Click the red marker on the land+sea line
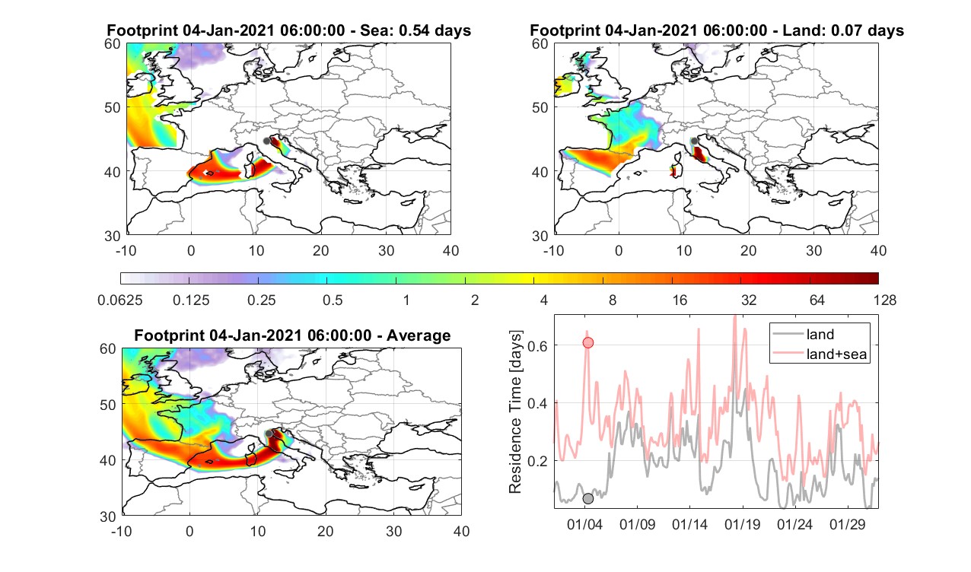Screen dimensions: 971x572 point(587,343)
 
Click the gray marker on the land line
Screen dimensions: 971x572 point(587,499)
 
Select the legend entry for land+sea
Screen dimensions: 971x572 point(820,354)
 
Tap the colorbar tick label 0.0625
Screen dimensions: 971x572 point(120,300)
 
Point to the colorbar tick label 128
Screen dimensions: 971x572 point(885,300)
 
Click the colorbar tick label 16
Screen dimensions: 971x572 point(680,300)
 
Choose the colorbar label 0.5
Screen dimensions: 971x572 point(333,300)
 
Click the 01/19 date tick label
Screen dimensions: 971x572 point(742,525)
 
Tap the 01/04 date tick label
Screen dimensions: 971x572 point(584,525)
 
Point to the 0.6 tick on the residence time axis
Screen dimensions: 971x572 point(537,345)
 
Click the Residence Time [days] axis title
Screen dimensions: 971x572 point(515,412)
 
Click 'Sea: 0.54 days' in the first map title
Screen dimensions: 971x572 point(415,30)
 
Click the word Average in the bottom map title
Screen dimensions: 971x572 point(419,336)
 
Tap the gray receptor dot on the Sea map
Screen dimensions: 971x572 point(266,141)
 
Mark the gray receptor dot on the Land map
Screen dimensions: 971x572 point(694,141)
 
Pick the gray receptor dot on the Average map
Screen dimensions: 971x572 point(269,434)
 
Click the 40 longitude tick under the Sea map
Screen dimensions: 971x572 point(450,251)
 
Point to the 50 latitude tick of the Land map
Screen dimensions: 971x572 point(540,107)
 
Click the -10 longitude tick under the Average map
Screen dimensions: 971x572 point(122,532)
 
